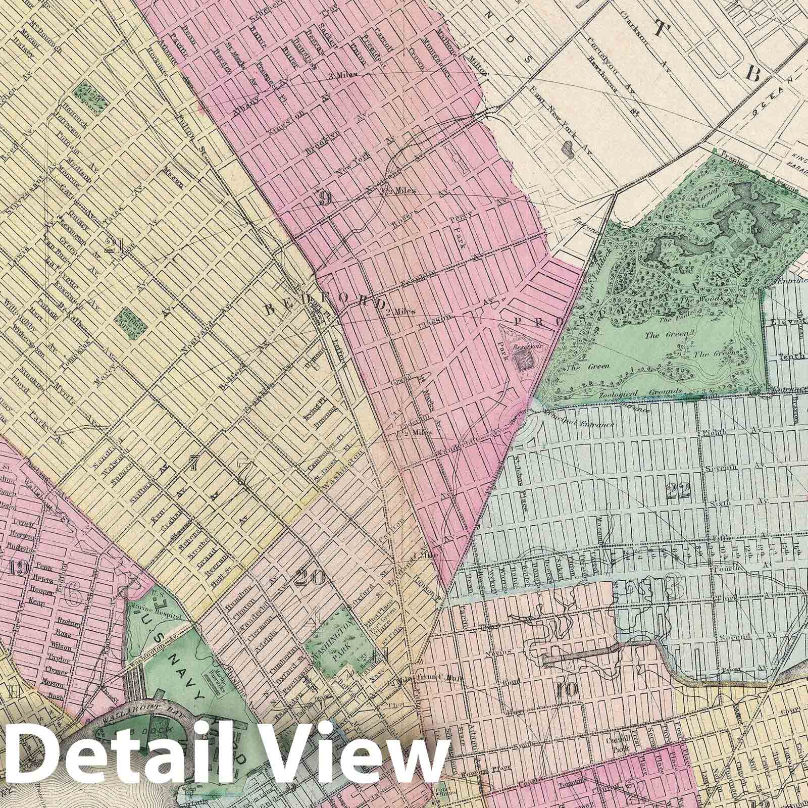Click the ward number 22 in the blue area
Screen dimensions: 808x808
click(679, 489)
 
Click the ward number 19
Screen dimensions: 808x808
click(18, 568)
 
